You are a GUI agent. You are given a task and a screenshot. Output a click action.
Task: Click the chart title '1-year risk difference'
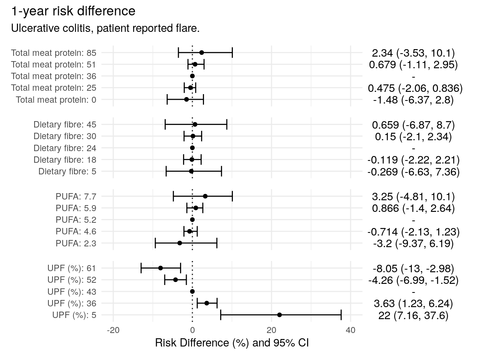coord(73,11)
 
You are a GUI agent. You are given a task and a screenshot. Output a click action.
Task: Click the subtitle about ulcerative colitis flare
coord(105,28)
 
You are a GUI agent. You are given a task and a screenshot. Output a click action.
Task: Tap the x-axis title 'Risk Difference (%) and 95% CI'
coord(232,343)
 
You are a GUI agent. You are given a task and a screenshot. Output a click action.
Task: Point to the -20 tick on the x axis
coord(113,330)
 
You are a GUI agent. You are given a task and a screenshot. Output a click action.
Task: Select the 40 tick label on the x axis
coord(351,330)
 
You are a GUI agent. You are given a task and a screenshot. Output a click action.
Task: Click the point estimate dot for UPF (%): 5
coord(279,315)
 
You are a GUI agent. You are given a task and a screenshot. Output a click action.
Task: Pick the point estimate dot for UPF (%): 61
coord(160,268)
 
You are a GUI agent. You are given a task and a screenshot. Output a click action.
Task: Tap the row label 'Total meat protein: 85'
coord(54,53)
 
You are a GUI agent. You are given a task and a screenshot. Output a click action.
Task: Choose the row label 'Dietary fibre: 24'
coord(65,148)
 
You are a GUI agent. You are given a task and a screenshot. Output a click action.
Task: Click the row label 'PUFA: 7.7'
coord(76,196)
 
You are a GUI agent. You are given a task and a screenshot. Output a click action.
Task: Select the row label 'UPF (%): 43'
coord(72,292)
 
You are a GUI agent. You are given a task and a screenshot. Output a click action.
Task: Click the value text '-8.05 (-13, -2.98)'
coord(413,268)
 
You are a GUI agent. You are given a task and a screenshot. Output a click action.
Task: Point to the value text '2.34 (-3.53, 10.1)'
coord(413,53)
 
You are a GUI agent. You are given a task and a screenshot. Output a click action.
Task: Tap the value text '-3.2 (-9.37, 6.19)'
coord(413,244)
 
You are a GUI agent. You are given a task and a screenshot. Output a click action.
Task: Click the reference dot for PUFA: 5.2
coord(192,220)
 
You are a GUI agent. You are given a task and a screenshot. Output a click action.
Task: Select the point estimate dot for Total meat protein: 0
coord(186,100)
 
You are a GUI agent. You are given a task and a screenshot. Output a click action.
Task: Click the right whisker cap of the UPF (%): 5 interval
coord(341,315)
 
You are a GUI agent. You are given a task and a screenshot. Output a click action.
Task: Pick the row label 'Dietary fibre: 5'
coord(67,172)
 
